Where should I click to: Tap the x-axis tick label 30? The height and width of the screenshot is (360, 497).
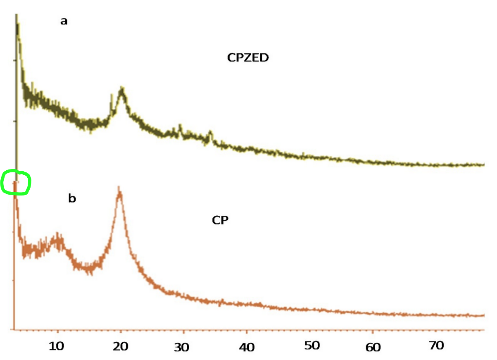[182, 348]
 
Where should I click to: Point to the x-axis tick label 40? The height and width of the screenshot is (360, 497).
[246, 346]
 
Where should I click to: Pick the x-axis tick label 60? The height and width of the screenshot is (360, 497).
[373, 347]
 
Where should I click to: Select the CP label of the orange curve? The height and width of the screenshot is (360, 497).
[220, 220]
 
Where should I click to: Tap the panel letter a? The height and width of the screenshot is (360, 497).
[64, 21]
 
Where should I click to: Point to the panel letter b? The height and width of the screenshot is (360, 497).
[72, 199]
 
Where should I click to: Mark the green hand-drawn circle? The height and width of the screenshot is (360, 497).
[16, 183]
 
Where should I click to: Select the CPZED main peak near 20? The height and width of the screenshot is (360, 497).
[121, 88]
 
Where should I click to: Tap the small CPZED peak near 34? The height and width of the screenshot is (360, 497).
[210, 133]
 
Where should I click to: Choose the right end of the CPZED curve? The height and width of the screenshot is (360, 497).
[483, 165]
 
